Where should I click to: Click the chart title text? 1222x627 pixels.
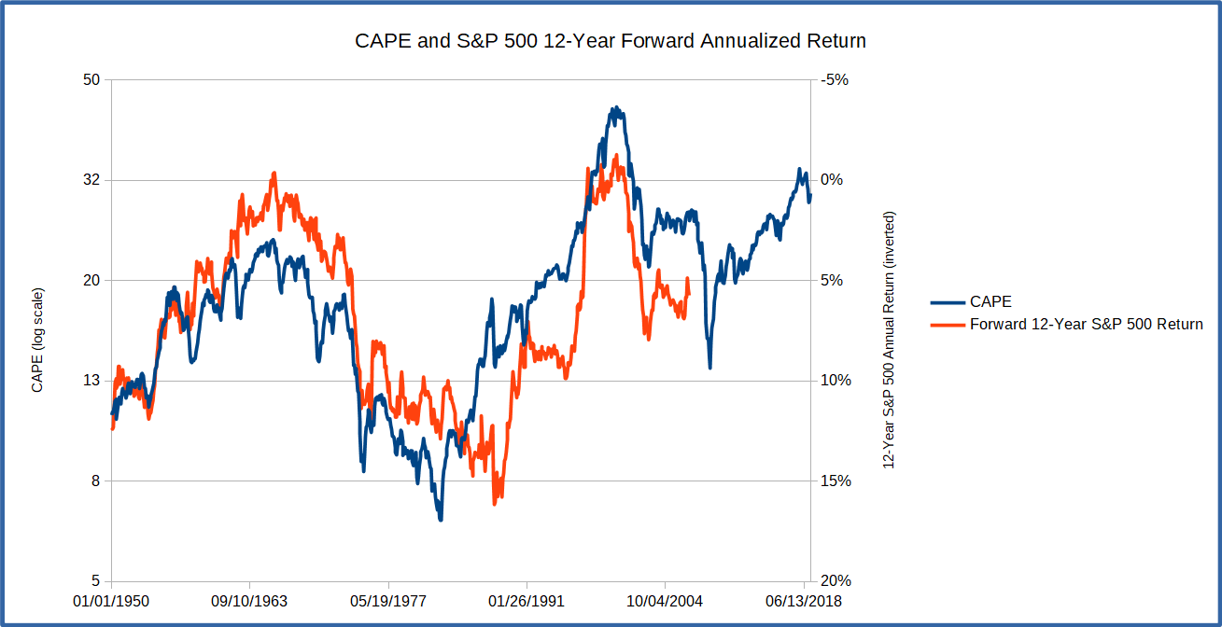point(611,42)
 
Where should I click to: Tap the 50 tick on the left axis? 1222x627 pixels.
point(91,80)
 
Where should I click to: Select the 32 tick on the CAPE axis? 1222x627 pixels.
point(91,180)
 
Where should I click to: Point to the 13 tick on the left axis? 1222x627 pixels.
point(91,381)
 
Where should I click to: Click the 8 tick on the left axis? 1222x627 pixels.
point(94,481)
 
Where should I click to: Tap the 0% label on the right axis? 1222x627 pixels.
point(831,180)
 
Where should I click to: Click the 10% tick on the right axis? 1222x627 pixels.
point(834,381)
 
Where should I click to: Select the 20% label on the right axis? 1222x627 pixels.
point(834,581)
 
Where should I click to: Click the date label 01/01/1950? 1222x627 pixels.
point(111,601)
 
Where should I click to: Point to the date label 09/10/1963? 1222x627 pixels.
point(249,601)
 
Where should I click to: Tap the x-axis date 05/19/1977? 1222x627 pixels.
point(388,601)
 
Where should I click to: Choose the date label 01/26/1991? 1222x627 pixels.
point(527,601)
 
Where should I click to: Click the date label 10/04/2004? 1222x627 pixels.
point(665,601)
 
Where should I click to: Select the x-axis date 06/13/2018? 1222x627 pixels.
point(804,601)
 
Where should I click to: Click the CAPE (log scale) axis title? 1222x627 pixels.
point(38,340)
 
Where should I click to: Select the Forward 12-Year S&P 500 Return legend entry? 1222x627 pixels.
point(1086,325)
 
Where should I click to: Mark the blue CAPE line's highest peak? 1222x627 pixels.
point(614,108)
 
